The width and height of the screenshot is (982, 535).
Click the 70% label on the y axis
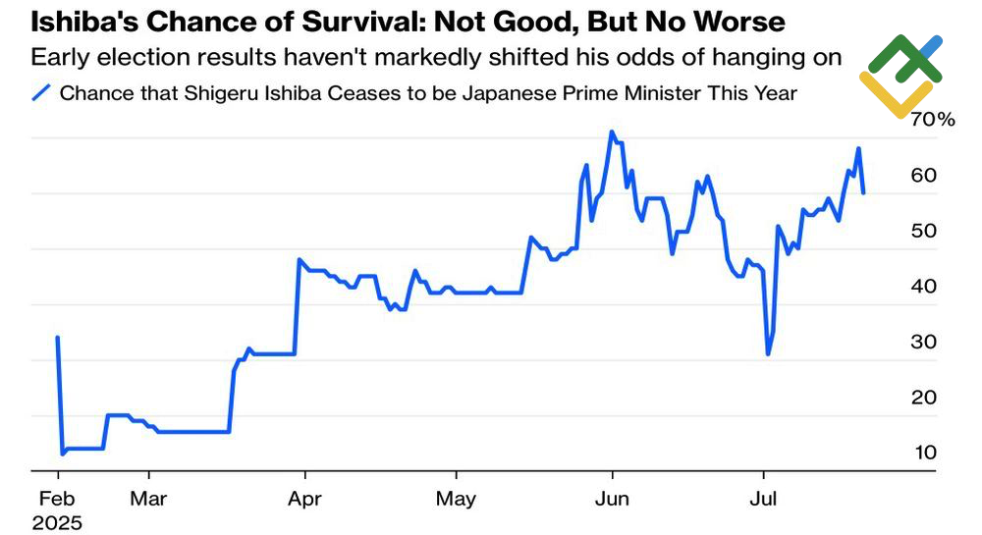tap(933, 120)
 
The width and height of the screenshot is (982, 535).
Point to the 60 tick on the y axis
tap(924, 175)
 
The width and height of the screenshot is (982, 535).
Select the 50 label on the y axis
tap(924, 231)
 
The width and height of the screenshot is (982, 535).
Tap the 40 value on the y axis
tap(924, 287)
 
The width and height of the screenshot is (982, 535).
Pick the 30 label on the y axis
tap(924, 342)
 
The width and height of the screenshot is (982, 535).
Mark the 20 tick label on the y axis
tap(924, 398)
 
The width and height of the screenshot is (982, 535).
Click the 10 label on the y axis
tap(924, 453)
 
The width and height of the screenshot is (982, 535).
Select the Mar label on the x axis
tap(149, 499)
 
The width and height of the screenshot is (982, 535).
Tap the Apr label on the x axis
tap(305, 499)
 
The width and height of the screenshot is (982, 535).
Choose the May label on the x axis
tap(456, 499)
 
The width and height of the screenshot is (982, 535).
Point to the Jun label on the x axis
tap(612, 499)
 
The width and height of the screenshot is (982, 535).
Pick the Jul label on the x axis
tap(763, 499)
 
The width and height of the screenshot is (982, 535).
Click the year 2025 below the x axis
tap(57, 522)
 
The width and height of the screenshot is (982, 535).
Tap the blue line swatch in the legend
tap(41, 93)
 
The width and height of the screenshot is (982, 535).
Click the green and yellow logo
tap(901, 75)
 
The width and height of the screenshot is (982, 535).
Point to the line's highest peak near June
tap(612, 132)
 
